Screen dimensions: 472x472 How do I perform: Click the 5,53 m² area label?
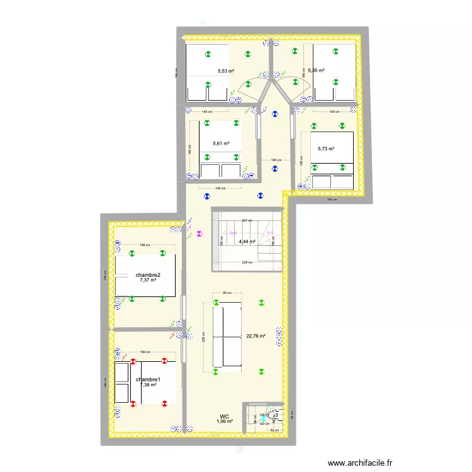pos(225,72)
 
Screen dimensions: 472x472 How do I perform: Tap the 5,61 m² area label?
pos(221,143)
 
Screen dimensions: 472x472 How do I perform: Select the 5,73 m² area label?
pos(326,149)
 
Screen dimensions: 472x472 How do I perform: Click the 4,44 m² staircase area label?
pos(247,241)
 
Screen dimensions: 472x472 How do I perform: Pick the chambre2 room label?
pos(148,274)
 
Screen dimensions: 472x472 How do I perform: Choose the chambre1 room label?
pos(148,379)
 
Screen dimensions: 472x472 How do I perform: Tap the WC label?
pos(225,416)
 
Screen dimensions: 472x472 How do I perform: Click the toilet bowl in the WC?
pos(275,415)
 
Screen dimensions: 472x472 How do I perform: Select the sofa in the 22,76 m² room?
pos(227,335)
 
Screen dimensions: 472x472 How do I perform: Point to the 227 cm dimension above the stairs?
pos(247,220)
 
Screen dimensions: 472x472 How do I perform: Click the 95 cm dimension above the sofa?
pos(227,293)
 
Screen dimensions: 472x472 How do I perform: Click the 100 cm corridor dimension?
pos(275,160)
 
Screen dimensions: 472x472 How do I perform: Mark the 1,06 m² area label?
pos(225,422)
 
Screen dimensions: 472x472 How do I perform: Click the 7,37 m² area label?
pos(148,280)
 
